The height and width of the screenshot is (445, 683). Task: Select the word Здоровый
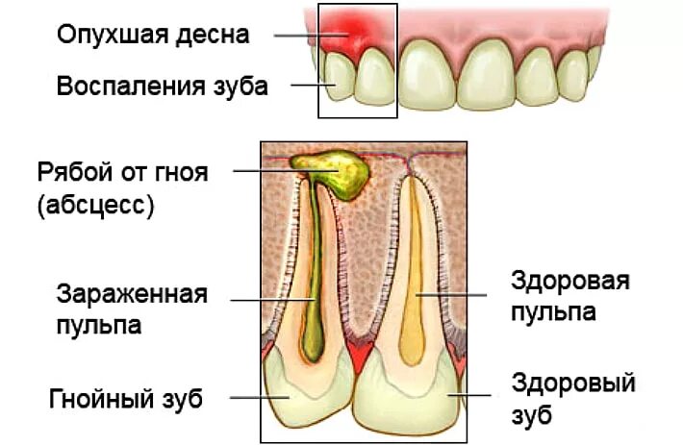573,383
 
